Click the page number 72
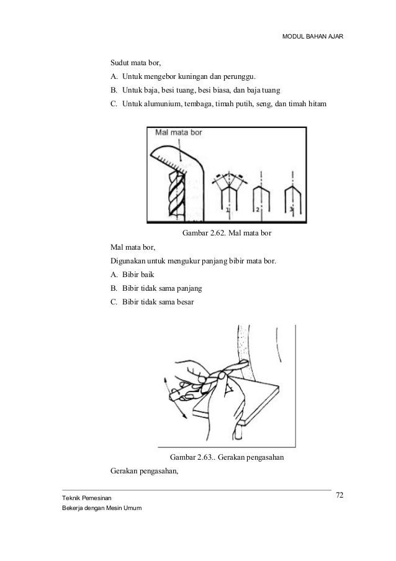pyautogui.click(x=339, y=495)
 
